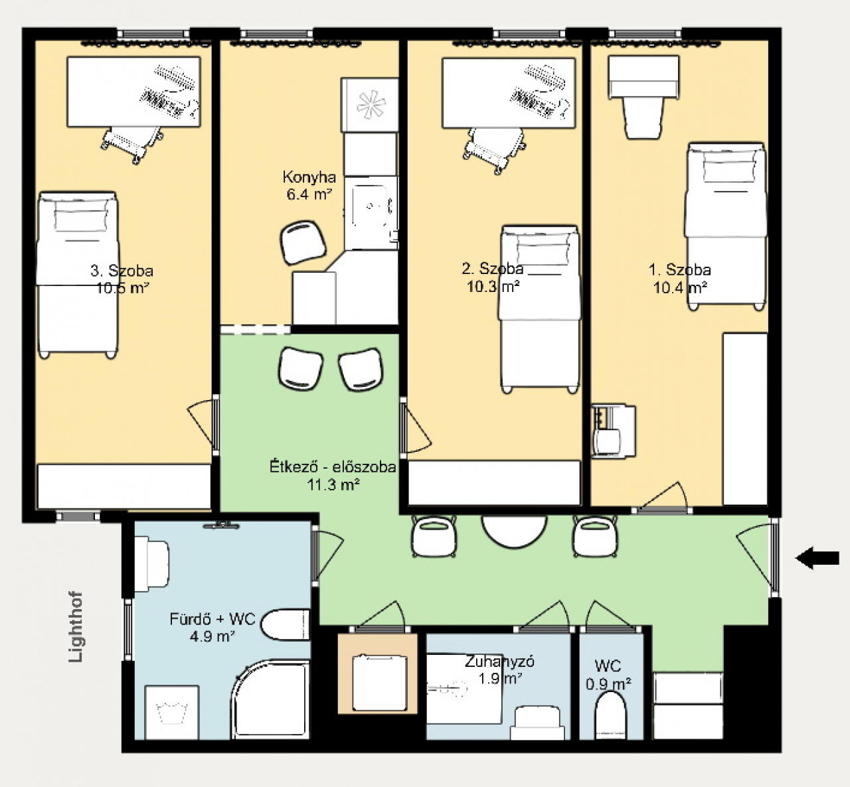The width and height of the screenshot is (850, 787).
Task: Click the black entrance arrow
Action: click(817, 558)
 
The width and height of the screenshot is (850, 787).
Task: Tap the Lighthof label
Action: click(76, 628)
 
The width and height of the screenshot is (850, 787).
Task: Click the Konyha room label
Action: click(309, 177)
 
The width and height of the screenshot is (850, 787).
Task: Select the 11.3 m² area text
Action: click(333, 484)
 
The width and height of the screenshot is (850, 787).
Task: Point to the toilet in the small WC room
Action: click(611, 715)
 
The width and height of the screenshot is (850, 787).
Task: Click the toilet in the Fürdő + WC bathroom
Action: click(285, 624)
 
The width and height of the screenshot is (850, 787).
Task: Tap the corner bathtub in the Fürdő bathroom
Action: click(270, 700)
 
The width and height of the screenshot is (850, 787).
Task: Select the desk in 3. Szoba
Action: click(133, 92)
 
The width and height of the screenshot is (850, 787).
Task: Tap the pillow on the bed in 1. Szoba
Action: click(733, 167)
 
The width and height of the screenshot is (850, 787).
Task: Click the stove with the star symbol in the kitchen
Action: click(370, 105)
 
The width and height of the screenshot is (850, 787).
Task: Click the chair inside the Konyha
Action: click(303, 242)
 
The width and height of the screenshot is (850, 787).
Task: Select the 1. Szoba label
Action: click(679, 270)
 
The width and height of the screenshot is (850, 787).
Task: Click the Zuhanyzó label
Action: click(499, 661)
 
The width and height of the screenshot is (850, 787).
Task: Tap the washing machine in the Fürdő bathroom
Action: click(172, 712)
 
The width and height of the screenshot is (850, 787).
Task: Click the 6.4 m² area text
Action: click(309, 194)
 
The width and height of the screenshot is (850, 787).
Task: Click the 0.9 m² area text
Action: click(608, 684)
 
